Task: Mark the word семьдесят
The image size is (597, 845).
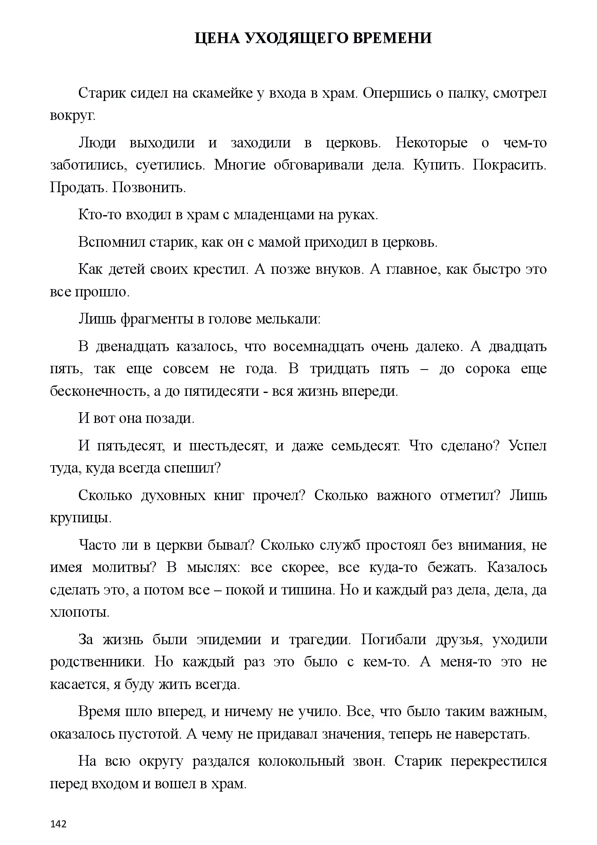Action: coord(365,446)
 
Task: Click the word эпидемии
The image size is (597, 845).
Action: coord(229,640)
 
